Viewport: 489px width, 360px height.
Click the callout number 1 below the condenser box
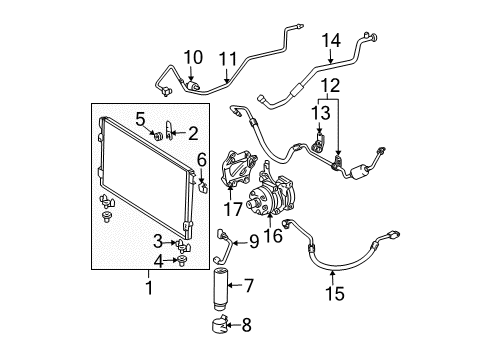coord(150,288)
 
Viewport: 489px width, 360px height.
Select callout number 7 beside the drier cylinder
coord(249,286)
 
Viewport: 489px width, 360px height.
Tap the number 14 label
coord(331,40)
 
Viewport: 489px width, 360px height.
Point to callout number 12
coord(330,85)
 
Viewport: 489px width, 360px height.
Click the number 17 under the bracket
coord(233,209)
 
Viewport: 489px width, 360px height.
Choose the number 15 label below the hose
coord(335,293)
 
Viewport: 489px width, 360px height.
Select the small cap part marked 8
coord(219,324)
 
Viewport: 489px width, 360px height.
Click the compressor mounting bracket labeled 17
coord(238,168)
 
